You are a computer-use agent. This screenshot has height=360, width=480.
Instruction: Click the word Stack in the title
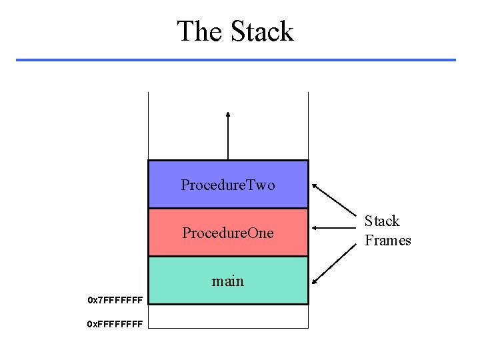click(x=262, y=31)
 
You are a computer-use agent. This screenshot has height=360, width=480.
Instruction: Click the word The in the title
click(x=200, y=31)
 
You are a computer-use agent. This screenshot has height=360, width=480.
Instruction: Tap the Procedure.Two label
click(x=227, y=185)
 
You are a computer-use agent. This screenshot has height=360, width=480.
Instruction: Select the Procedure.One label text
click(x=227, y=233)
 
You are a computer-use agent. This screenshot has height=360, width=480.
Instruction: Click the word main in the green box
click(x=227, y=281)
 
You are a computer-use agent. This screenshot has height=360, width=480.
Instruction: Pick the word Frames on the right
click(x=387, y=241)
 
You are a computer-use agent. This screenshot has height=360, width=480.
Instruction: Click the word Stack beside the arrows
click(x=382, y=221)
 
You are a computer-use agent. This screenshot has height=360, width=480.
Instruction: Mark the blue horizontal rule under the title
click(x=235, y=60)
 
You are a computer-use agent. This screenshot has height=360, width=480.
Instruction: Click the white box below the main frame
click(x=228, y=316)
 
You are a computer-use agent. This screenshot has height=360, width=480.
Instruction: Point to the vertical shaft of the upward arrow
click(x=228, y=140)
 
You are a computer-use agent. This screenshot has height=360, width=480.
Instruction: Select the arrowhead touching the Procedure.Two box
click(x=315, y=185)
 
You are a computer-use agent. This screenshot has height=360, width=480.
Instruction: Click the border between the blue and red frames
click(x=228, y=209)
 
